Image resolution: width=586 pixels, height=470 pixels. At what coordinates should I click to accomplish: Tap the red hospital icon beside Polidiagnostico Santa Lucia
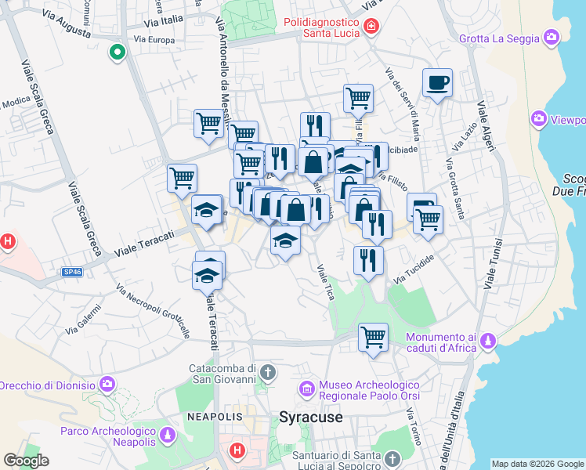click(x=371, y=27)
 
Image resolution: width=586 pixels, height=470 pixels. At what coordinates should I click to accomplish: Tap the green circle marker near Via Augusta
click(x=118, y=52)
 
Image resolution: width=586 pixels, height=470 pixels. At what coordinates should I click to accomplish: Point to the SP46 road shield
click(x=72, y=272)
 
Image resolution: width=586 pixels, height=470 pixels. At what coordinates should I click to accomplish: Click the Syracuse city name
click(x=311, y=418)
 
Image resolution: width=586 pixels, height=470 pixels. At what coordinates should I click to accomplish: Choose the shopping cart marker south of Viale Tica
click(x=373, y=338)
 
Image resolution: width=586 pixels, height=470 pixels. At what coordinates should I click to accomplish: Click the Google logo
click(x=26, y=461)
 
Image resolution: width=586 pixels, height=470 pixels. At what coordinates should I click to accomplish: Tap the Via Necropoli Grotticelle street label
click(x=154, y=310)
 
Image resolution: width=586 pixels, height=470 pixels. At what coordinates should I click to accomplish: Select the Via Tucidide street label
click(x=414, y=269)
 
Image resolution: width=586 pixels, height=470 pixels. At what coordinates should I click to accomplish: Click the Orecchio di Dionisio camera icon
click(x=107, y=385)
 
